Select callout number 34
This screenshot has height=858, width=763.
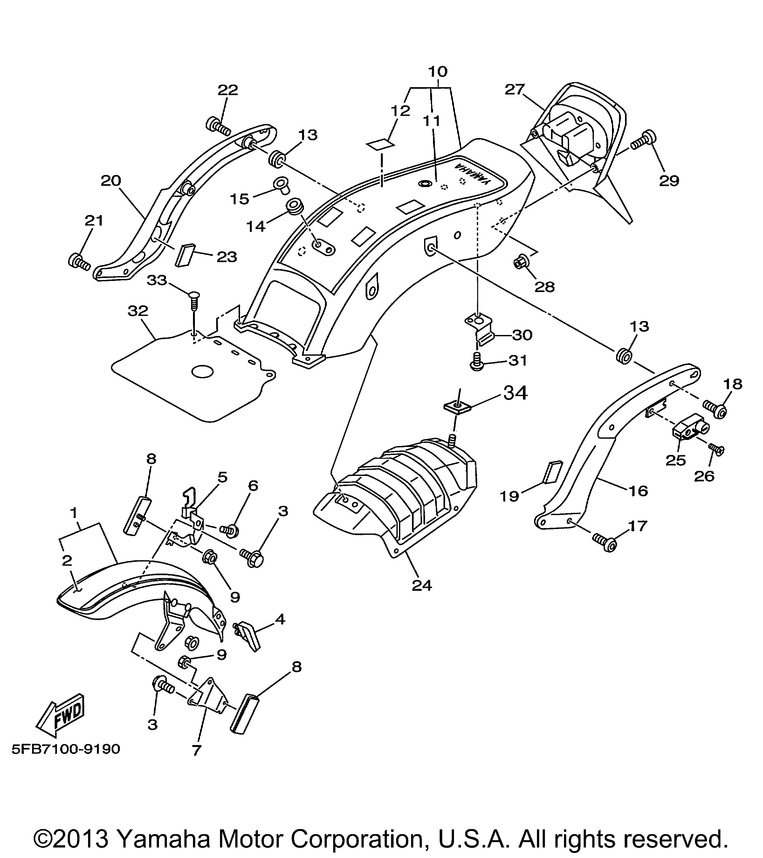(515, 393)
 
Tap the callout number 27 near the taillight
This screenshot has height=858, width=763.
(515, 89)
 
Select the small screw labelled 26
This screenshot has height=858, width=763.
(715, 449)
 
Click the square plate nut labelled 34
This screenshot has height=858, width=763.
(457, 406)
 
